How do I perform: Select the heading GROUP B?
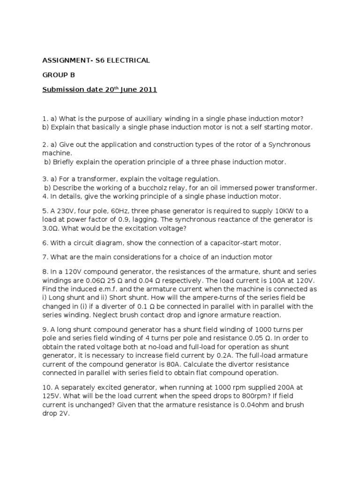[59, 75]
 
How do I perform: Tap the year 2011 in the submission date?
[147, 89]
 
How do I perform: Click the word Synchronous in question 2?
[289, 144]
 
